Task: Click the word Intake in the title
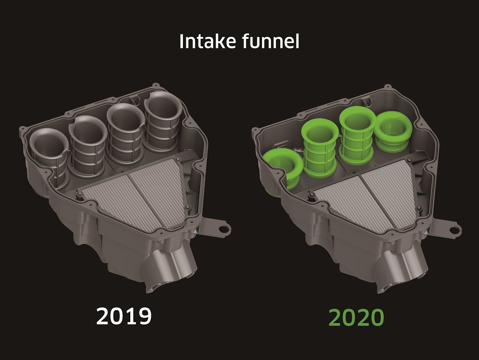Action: (x=203, y=42)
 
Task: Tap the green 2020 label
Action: (x=356, y=316)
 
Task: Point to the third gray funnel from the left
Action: (x=125, y=129)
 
